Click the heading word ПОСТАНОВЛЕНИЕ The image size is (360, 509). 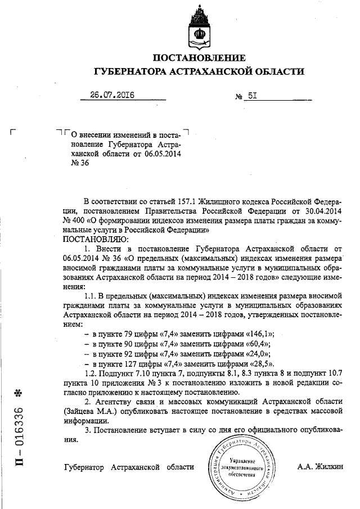pos(199,58)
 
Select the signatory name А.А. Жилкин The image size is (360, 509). pos(320,467)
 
